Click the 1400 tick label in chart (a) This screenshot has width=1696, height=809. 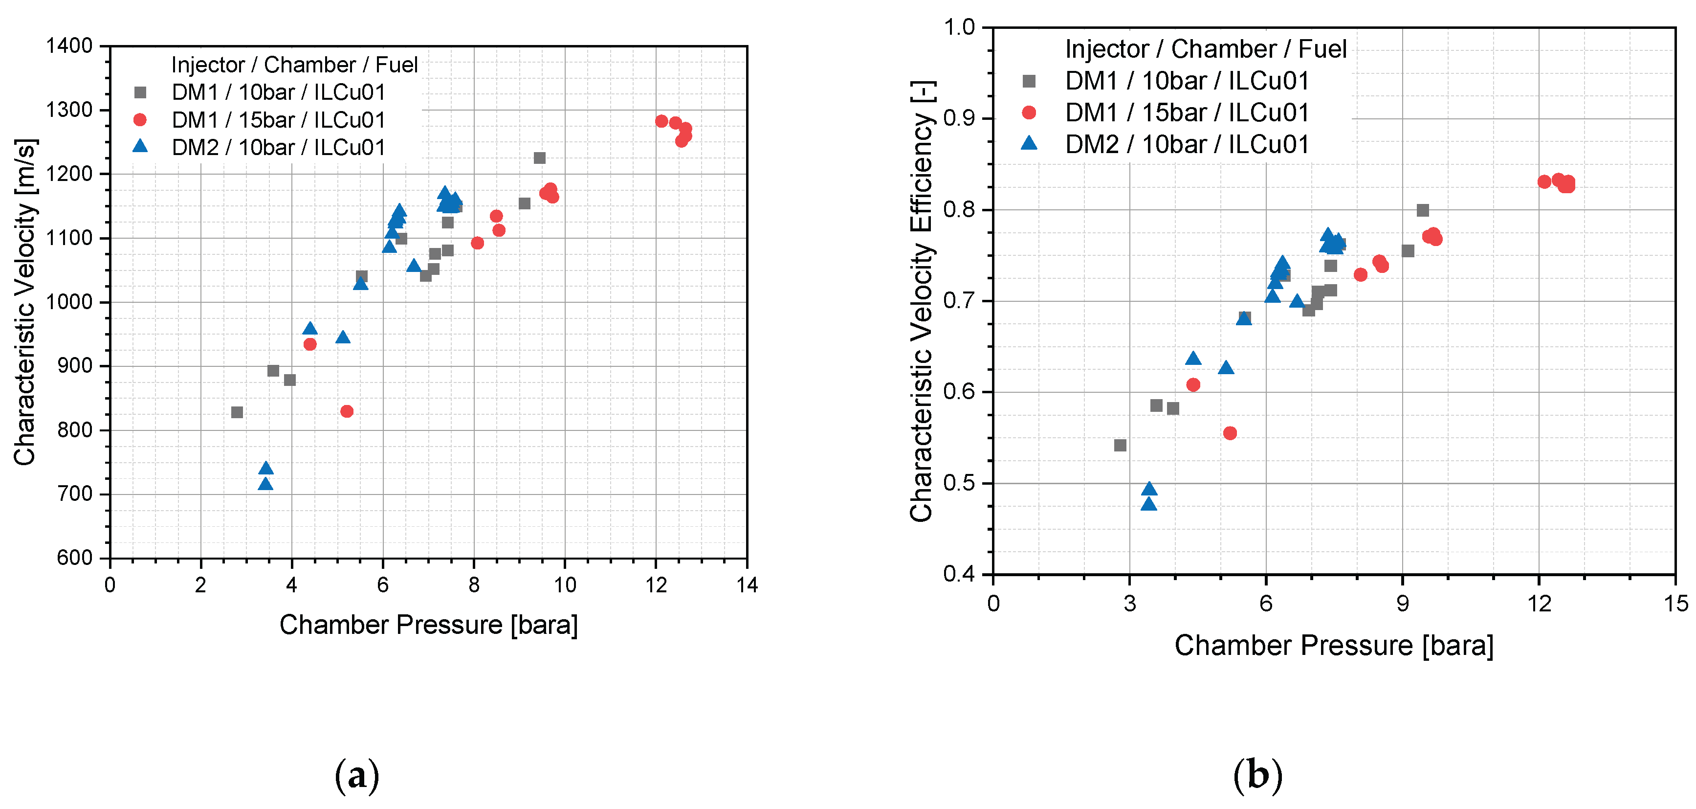tap(68, 46)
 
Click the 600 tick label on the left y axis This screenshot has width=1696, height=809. tap(74, 558)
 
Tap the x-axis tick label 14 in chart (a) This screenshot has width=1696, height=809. tap(746, 585)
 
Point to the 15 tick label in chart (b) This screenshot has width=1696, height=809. tap(1675, 603)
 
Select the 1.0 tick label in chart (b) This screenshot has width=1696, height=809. tap(959, 28)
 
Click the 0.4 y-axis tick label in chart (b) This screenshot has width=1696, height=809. tap(959, 574)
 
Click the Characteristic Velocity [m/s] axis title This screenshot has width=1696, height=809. tap(25, 302)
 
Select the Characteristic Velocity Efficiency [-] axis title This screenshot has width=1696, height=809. tap(921, 302)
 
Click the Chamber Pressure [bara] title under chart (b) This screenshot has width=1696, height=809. tap(1334, 645)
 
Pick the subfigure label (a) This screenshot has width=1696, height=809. tap(357, 775)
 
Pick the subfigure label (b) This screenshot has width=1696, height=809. tap(1257, 775)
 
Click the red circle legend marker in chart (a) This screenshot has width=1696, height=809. tap(139, 120)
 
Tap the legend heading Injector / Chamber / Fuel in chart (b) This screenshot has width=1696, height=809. tap(1206, 49)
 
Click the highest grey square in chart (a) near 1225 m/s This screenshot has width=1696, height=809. tap(539, 158)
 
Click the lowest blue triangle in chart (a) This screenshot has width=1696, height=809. tap(265, 484)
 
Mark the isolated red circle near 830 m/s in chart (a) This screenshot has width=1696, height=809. tap(347, 411)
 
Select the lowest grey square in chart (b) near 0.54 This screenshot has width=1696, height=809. tap(1120, 446)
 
